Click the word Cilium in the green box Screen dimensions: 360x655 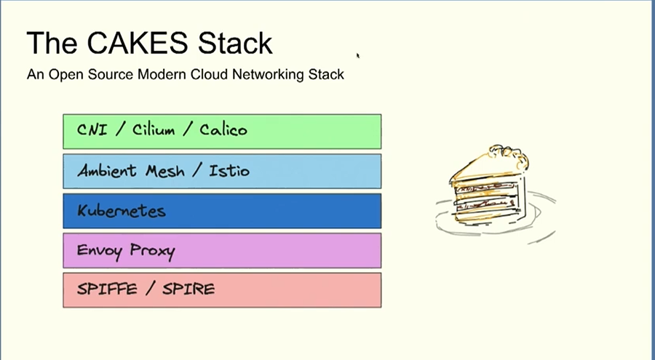[154, 131]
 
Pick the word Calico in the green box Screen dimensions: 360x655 [223, 131]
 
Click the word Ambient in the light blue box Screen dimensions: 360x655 [107, 171]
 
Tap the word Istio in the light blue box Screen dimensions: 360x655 [229, 171]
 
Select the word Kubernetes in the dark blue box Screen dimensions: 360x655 [122, 211]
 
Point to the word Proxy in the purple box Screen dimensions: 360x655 [152, 251]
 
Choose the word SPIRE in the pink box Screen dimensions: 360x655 [188, 289]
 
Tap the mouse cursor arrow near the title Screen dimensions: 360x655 [358, 54]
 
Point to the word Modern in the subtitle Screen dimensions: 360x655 [159, 74]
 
